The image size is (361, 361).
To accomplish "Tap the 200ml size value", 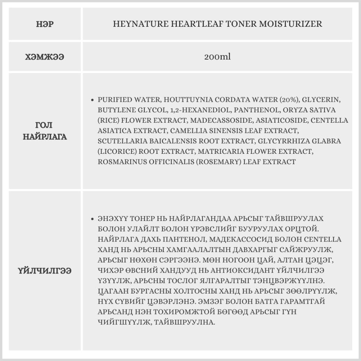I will click(217, 57).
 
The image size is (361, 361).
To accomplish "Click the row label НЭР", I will click(45, 25).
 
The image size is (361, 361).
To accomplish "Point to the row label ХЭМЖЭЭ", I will click(45, 57).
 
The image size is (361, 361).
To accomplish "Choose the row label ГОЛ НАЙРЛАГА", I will click(45, 131).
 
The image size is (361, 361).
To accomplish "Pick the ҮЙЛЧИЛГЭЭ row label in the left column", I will click(45, 271).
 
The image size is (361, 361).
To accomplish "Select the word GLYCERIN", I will click(321, 99).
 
